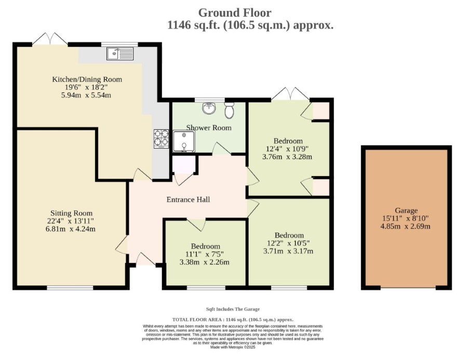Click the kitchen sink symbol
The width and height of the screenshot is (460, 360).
[120, 54]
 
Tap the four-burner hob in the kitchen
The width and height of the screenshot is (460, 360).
[161, 138]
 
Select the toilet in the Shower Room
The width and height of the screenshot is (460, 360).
[229, 110]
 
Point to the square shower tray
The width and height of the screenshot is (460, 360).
[184, 141]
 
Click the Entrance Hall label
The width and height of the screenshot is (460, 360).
[188, 199]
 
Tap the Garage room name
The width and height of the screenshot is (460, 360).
[406, 210]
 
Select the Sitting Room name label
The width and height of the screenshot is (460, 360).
[71, 213]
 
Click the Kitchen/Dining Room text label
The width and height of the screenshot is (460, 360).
[87, 79]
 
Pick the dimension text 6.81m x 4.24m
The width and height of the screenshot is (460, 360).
[71, 229]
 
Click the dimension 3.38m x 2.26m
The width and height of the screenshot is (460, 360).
[204, 262]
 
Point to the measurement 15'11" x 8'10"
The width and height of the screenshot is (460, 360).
[405, 219]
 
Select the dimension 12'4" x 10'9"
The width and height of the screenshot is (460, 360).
[287, 149]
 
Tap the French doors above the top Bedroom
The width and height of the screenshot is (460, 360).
[290, 94]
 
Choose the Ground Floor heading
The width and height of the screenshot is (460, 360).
[235, 12]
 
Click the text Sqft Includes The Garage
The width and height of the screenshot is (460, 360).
[233, 309]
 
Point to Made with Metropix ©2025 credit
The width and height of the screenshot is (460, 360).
[233, 347]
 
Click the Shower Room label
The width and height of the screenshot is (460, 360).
[209, 128]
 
